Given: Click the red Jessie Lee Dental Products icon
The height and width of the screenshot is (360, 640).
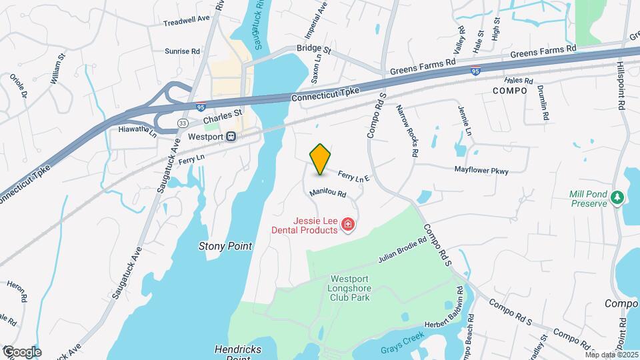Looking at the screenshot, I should point(347,225).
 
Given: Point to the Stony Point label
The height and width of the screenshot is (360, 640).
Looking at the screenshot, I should point(225,246).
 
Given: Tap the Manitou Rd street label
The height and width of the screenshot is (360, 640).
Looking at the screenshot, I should point(327,193).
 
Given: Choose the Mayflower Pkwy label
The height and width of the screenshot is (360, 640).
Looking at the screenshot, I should point(481,171).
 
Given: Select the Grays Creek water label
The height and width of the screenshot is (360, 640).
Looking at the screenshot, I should point(399,349).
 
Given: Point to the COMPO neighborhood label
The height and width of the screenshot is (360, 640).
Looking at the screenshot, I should point(509,90).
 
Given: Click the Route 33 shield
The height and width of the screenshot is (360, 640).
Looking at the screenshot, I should point(183,123).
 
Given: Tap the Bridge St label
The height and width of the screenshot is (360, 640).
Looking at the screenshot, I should point(315,49).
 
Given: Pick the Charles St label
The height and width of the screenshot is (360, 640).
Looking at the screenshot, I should point(220,119).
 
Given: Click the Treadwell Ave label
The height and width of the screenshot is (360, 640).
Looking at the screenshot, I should point(187,23).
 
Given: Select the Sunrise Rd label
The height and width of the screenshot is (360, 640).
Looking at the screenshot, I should point(182,51).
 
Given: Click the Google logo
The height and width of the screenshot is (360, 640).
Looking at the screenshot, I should point(21,352).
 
